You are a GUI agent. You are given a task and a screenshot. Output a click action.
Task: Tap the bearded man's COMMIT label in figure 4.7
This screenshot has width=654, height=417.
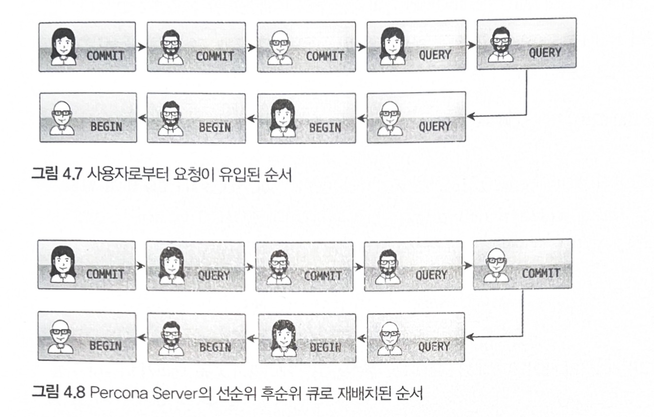coord(214,55)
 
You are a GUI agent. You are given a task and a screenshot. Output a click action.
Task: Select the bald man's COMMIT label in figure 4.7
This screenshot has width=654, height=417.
coord(324,55)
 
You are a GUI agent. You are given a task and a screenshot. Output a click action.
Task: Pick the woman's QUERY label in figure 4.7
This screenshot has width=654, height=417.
coord(435,54)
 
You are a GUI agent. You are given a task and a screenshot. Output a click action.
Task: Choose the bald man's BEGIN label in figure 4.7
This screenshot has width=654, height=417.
coord(105,127)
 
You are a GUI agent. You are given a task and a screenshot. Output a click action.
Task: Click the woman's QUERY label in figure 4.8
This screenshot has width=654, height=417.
coord(214,275)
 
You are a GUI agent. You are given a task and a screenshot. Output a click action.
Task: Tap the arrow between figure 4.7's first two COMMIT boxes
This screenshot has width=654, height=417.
coord(141,47)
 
